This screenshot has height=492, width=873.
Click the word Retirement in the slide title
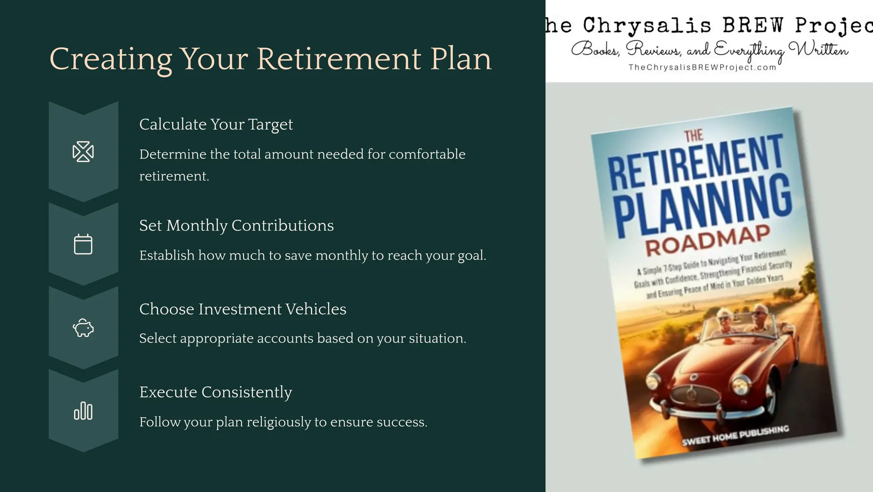[x=339, y=59]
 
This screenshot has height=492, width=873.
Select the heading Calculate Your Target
[x=216, y=124]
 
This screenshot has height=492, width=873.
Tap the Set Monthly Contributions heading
[x=236, y=226]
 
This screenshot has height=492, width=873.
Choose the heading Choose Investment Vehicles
[x=243, y=309]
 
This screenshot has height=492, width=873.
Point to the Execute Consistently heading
[x=215, y=392]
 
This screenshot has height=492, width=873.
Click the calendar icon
[x=83, y=244]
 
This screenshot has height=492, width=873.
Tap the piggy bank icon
[x=83, y=328]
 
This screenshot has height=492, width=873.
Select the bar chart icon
[x=83, y=411]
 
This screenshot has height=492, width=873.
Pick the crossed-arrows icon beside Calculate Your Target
[x=83, y=152]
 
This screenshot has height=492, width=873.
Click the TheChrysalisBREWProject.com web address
[x=702, y=67]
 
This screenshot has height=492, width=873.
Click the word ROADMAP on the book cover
[x=708, y=240]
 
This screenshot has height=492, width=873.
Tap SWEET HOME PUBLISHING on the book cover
[x=735, y=436]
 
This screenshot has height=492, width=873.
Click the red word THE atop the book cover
[x=694, y=136]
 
